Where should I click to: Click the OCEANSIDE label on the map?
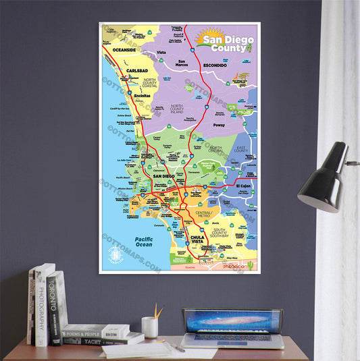point(124,49)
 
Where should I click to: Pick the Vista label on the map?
point(161,52)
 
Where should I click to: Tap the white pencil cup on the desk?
point(150,327)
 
